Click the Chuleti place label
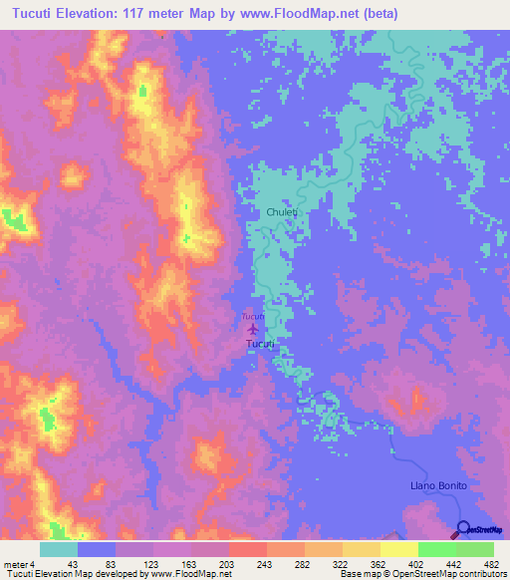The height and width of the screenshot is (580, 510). click(x=283, y=212)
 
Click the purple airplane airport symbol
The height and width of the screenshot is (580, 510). click(x=252, y=328)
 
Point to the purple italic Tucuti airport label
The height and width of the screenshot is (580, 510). click(x=252, y=317)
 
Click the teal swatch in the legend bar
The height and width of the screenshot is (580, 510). click(x=59, y=549)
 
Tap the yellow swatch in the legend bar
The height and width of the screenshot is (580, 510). click(x=361, y=549)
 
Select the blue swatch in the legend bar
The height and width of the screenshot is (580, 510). click(x=97, y=549)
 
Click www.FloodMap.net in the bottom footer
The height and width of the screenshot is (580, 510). click(x=190, y=574)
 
